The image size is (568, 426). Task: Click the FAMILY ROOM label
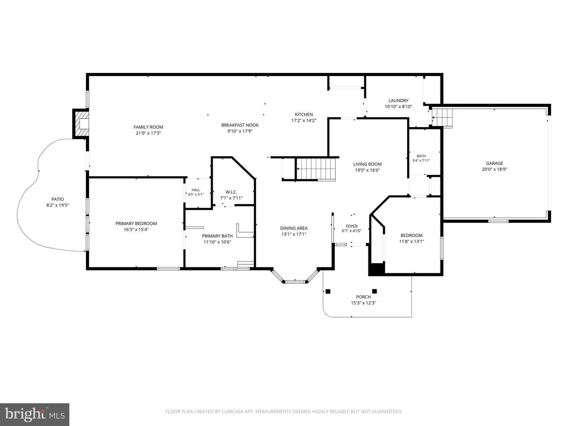point(148,127)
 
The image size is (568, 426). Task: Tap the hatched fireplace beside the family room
point(81,123)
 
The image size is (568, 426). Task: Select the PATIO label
point(58,199)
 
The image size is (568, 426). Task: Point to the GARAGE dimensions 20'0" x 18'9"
point(494,170)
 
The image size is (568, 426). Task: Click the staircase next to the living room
point(316,169)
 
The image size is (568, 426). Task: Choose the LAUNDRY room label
point(398,100)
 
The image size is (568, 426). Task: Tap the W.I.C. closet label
point(231,192)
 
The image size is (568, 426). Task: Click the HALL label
point(196,190)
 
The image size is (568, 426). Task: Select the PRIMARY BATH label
point(217,236)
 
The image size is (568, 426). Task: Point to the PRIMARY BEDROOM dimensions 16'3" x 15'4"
point(136,230)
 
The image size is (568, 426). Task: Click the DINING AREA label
point(294,228)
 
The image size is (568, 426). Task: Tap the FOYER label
point(351,226)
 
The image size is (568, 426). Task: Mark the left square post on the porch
point(328,291)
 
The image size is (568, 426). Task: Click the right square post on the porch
point(374,291)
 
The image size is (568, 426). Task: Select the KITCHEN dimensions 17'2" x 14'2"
point(304,120)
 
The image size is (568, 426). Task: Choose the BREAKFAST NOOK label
point(240,125)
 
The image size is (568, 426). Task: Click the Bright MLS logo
point(35,414)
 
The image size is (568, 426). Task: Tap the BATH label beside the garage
point(421,156)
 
